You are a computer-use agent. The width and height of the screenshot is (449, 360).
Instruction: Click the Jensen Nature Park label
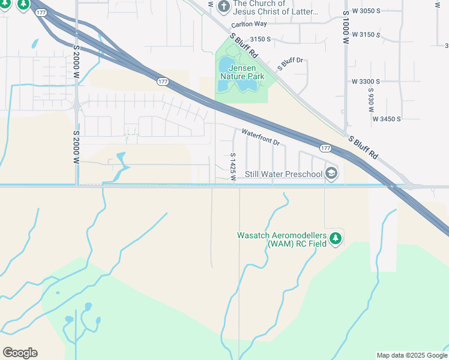[x=243, y=73]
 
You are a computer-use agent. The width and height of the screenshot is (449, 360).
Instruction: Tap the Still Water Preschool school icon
[x=331, y=174]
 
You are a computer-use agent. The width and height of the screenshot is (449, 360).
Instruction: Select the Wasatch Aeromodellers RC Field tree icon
[x=336, y=239]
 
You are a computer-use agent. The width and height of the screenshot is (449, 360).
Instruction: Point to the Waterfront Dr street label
[x=261, y=137]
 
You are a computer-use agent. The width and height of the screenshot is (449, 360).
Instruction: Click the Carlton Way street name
[x=249, y=24]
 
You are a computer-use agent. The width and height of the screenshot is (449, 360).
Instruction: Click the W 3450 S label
[x=386, y=119]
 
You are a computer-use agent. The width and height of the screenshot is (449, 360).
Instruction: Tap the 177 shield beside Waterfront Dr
[x=325, y=148]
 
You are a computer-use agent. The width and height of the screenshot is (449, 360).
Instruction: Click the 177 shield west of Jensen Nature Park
[x=163, y=82]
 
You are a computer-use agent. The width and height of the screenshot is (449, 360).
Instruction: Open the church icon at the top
[x=223, y=7]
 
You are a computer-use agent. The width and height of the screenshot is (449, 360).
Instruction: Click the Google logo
[x=20, y=353]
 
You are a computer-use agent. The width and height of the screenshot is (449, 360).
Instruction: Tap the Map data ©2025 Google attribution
[x=412, y=355]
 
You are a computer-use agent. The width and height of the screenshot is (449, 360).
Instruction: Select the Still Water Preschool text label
[x=284, y=175]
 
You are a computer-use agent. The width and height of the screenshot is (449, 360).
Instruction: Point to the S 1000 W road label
[x=346, y=27]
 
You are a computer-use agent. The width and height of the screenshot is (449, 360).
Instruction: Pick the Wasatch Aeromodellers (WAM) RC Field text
[x=282, y=239]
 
